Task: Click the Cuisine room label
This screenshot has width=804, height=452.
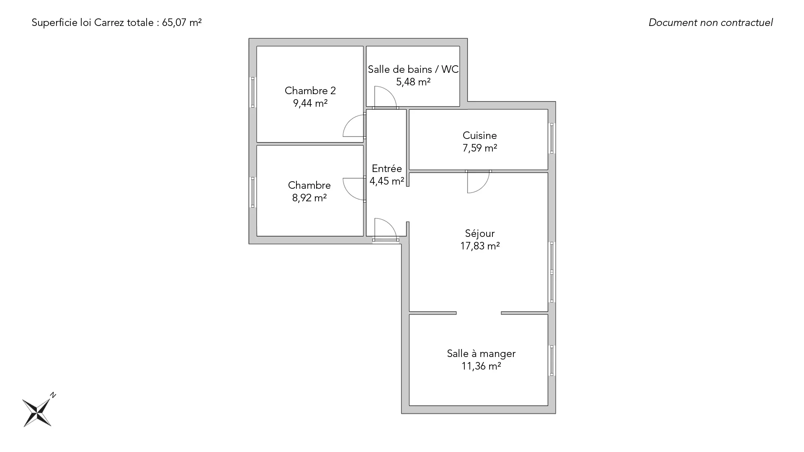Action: [x=479, y=136]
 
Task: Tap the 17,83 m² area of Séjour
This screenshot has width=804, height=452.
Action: [x=480, y=246]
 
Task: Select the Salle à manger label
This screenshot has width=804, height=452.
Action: [x=481, y=354]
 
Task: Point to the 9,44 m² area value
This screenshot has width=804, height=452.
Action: [x=310, y=103]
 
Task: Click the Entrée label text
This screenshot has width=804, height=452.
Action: [x=387, y=169]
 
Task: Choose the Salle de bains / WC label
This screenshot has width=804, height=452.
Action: [x=413, y=69]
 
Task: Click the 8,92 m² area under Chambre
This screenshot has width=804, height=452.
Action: [x=309, y=198]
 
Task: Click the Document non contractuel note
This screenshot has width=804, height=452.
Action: [x=711, y=23]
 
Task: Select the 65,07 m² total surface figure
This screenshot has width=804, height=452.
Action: [x=182, y=23]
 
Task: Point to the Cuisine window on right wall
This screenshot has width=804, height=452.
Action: [x=552, y=138]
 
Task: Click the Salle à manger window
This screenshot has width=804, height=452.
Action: [x=552, y=360]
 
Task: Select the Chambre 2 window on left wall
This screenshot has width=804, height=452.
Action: [x=253, y=92]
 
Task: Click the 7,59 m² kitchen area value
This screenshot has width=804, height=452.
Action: [x=480, y=148]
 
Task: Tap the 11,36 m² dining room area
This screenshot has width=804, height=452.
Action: [x=482, y=366]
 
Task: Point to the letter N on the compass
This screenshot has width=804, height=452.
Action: [x=53, y=395]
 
